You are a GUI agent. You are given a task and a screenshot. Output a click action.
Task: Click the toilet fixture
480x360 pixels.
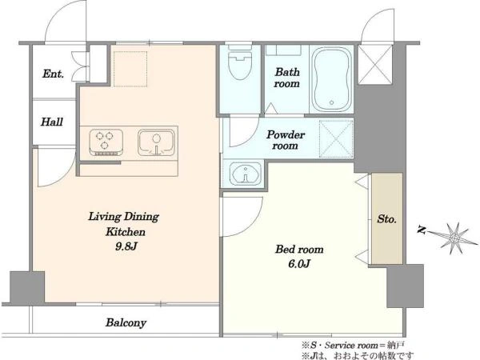[x=240, y=62]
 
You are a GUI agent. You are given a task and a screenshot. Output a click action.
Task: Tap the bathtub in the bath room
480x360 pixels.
[x=332, y=79]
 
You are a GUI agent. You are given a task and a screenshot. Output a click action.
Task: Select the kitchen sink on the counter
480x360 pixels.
[x=156, y=142]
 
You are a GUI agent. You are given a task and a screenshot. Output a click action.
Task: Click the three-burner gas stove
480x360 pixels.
[x=106, y=142]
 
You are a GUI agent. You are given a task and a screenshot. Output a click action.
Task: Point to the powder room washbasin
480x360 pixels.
[x=246, y=174]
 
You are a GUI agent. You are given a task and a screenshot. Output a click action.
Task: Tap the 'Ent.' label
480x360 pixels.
[x=54, y=74]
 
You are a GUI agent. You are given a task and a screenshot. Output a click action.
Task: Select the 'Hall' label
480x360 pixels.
[x=52, y=122]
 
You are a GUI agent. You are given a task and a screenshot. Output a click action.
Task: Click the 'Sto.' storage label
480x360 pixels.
[x=387, y=219]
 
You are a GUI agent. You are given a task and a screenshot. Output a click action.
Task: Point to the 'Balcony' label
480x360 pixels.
[x=126, y=322]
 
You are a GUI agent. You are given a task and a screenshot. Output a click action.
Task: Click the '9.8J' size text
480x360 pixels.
[x=126, y=246]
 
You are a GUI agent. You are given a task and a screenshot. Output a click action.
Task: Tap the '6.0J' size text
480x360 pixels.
[x=299, y=263]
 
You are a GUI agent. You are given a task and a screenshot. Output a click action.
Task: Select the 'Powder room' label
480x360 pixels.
[x=286, y=140]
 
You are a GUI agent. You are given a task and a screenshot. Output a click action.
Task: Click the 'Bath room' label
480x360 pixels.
[x=287, y=78]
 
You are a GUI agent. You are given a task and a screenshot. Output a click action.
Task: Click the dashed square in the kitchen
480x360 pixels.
[x=130, y=69]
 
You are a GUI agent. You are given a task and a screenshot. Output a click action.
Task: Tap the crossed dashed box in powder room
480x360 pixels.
[x=336, y=139]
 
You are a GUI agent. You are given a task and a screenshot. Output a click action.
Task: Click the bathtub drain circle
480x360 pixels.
[x=331, y=103]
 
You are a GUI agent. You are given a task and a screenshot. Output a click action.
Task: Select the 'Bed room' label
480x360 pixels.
[x=299, y=249]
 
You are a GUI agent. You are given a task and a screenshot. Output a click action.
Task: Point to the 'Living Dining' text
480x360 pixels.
[x=124, y=217]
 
